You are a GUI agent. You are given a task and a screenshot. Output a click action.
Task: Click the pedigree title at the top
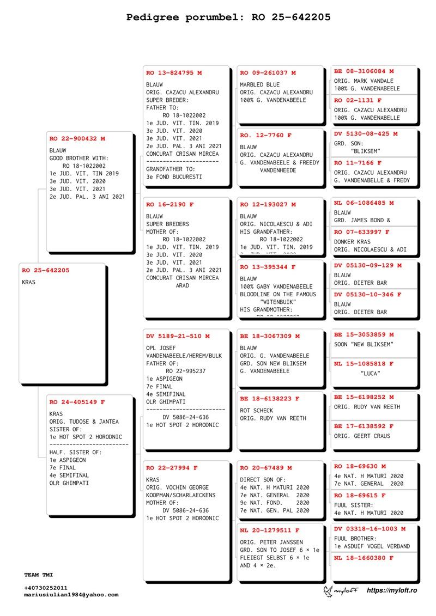(228, 17)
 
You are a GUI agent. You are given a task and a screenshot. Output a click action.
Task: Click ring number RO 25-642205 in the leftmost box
(46, 270)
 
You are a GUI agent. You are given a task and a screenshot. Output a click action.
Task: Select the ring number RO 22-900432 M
(77, 139)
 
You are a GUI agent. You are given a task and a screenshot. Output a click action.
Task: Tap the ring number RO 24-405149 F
(77, 402)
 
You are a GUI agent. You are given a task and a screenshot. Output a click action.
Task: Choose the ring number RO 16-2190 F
(169, 205)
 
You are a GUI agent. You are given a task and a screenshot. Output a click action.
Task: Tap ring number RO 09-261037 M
(268, 72)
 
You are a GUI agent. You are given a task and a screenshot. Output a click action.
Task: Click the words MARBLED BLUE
(260, 85)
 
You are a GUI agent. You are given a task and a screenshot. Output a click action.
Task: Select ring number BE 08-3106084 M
(364, 71)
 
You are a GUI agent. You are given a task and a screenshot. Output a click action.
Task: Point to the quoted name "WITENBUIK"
(278, 302)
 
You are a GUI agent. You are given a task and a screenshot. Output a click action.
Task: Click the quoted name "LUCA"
(370, 374)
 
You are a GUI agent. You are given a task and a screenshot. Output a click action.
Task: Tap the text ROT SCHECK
(257, 411)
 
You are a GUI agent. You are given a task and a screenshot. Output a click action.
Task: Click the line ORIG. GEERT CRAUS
(362, 436)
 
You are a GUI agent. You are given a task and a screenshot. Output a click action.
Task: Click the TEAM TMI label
(39, 575)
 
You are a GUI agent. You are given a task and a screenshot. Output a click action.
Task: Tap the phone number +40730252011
(46, 588)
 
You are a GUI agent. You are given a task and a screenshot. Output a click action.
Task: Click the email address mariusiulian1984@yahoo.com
(71, 595)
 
